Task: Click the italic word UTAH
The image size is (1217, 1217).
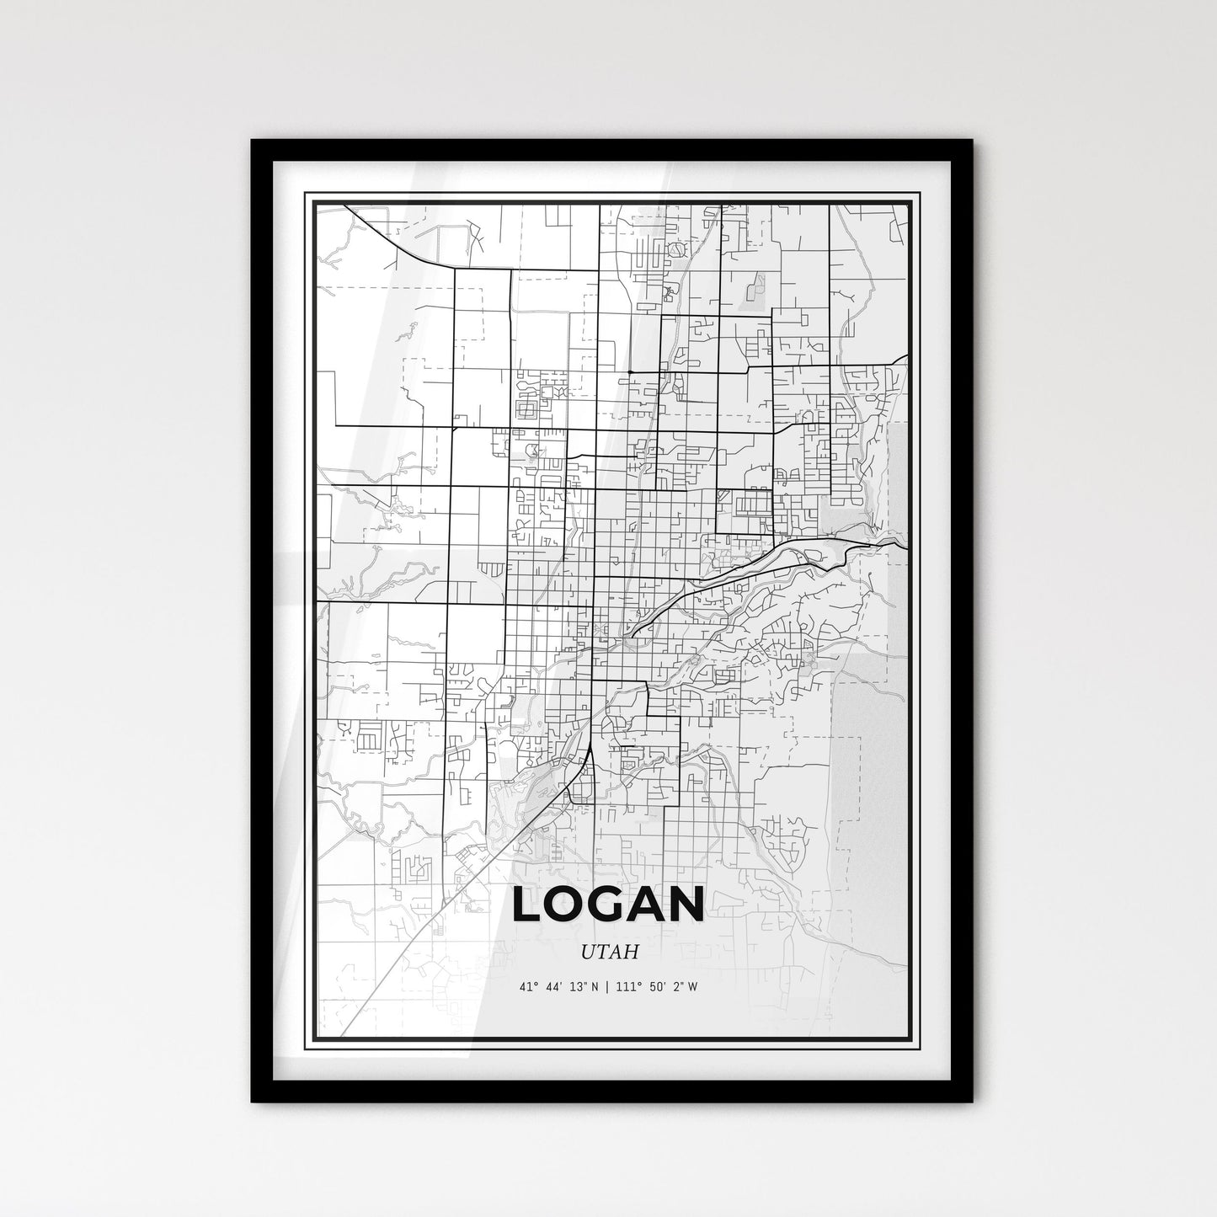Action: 609,952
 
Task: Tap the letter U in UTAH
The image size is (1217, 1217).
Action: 586,952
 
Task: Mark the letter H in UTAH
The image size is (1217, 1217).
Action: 632,952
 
